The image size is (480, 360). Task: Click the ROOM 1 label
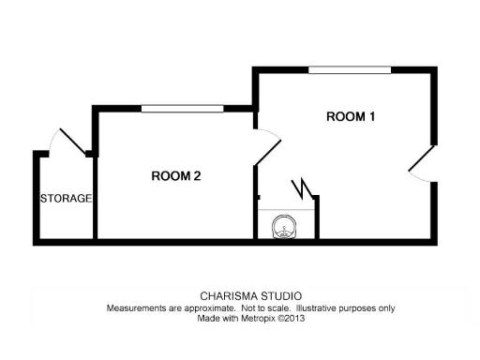[351, 117]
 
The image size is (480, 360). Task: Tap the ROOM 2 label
[176, 175]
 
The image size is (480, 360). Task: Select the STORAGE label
[66, 199]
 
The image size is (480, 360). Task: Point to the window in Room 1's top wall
[351, 68]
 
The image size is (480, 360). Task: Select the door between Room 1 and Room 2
[266, 145]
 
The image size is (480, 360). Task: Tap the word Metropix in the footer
[260, 318]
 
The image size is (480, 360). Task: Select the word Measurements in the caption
[136, 307]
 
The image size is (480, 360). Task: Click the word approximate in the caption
[204, 307]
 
